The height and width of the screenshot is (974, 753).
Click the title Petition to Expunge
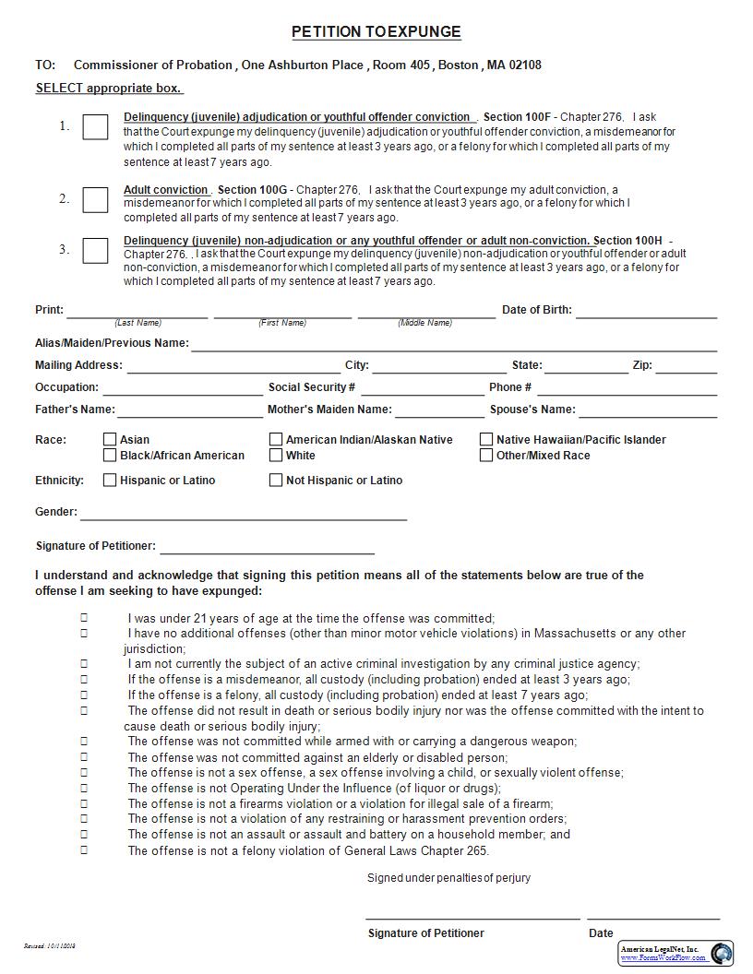tap(376, 32)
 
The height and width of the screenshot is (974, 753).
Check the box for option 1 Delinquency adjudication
tap(95, 127)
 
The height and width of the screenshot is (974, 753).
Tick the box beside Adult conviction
tap(95, 199)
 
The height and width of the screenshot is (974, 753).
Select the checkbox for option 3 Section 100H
tap(95, 250)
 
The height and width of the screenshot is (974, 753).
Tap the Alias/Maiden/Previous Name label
tap(112, 343)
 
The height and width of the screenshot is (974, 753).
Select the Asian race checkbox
tap(110, 440)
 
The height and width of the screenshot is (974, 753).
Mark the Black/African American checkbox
tap(110, 456)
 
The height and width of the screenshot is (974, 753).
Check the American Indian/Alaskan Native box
tap(276, 440)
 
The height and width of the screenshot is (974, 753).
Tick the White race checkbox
tap(276, 456)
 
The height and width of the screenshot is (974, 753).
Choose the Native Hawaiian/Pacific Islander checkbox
tap(486, 440)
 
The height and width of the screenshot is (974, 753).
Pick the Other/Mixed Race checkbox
tap(486, 456)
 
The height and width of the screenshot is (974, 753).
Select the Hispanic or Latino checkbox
tap(110, 481)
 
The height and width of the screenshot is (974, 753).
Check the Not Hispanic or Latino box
tap(276, 481)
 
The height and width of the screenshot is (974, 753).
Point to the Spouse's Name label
tap(532, 410)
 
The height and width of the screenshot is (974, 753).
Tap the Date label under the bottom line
tap(601, 933)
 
